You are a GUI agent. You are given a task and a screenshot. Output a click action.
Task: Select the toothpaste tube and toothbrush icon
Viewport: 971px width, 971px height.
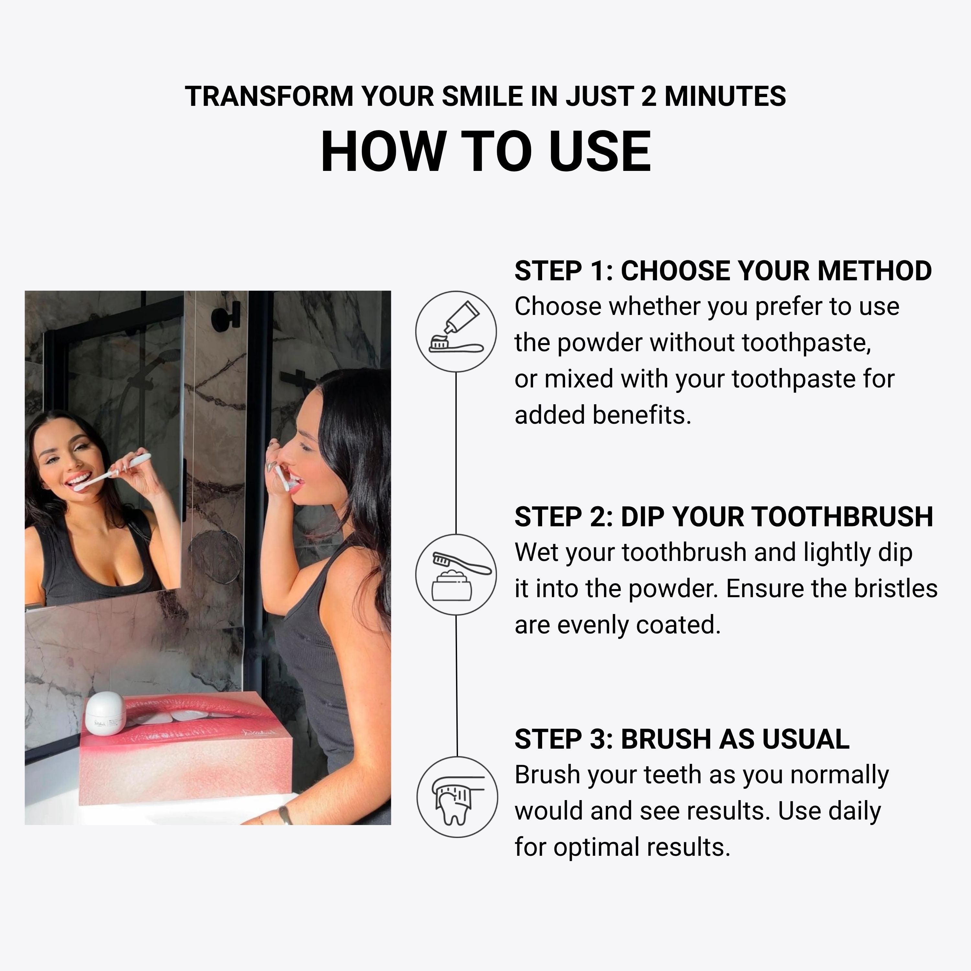(456, 332)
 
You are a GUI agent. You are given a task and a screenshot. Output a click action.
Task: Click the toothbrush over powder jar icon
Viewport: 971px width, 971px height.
(456, 575)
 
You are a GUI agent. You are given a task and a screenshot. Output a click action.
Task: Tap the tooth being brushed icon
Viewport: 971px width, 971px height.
(457, 797)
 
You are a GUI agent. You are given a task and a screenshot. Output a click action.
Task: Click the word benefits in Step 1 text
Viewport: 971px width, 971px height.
(641, 415)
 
